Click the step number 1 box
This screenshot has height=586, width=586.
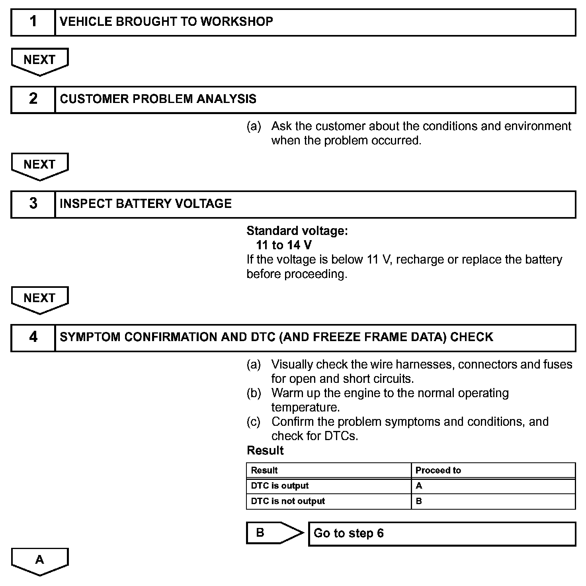(33, 22)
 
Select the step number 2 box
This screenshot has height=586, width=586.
(33, 99)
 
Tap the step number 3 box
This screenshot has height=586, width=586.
(33, 204)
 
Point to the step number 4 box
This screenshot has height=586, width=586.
(33, 338)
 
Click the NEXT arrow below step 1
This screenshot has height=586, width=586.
(40, 61)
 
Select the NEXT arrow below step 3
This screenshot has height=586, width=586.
(40, 299)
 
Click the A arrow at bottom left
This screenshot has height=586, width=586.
(40, 561)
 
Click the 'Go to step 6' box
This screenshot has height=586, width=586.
(442, 534)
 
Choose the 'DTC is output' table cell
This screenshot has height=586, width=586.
(328, 486)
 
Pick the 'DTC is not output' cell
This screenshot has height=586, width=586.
(328, 501)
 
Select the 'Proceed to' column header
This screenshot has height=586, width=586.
(493, 470)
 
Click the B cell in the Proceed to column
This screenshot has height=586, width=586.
(493, 501)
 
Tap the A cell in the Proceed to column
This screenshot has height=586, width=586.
(493, 486)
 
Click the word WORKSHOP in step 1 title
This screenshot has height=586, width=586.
(236, 21)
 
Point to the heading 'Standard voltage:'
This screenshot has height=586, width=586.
(297, 231)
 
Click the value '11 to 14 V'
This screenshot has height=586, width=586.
(284, 245)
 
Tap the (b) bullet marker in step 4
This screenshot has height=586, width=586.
(254, 393)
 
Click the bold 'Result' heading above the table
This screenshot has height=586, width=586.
(265, 450)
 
